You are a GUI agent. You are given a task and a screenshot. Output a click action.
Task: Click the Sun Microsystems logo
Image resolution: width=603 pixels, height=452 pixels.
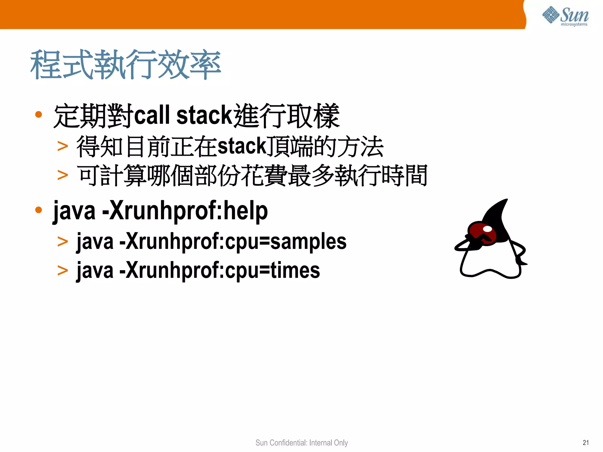[x=565, y=16]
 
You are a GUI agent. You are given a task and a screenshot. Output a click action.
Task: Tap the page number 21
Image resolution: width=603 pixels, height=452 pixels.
[x=586, y=443]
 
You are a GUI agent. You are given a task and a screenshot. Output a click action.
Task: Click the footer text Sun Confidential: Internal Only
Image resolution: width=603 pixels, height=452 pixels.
[x=301, y=443]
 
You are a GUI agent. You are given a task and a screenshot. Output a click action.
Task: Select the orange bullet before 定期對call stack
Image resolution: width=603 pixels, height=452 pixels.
[x=39, y=114]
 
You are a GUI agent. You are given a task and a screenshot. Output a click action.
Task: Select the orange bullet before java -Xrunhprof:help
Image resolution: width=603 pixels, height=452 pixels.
[x=39, y=210]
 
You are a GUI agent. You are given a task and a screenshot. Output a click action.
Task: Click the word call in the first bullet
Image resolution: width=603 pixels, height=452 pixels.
[x=152, y=115]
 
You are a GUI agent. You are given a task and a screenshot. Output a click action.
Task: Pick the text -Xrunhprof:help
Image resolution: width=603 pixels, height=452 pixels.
[x=185, y=211]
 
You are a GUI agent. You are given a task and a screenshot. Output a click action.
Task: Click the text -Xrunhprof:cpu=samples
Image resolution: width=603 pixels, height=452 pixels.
[x=233, y=241]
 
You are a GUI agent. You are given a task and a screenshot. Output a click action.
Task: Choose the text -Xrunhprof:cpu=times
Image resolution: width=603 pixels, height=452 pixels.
[x=220, y=270]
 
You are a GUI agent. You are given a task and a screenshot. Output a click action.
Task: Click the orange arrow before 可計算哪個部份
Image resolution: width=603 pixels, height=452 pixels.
[x=63, y=175]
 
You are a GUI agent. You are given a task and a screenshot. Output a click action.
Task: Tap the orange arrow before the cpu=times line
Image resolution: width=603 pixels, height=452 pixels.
[x=63, y=270]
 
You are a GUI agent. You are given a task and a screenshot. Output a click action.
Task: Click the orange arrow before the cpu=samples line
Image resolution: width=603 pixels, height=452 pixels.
[x=63, y=242]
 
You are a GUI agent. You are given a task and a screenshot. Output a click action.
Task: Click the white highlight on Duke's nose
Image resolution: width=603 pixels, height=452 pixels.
[x=488, y=229]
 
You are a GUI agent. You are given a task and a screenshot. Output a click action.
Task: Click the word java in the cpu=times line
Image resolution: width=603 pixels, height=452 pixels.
[x=95, y=270]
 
